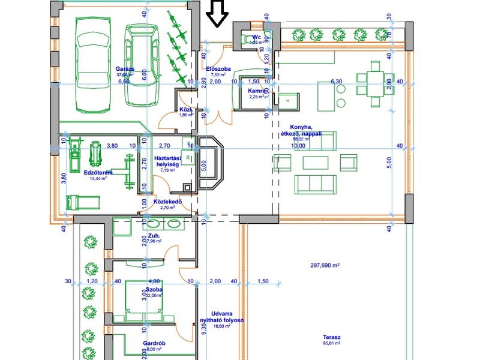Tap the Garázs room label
[x=125, y=69]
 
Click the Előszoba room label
[x=218, y=69]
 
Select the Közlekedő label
[x=167, y=202]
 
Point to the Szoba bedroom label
[x=154, y=289]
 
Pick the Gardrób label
[x=154, y=344]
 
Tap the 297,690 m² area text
[x=325, y=265]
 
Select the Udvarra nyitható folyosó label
[x=222, y=317]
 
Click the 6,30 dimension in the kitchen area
[x=336, y=81]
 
